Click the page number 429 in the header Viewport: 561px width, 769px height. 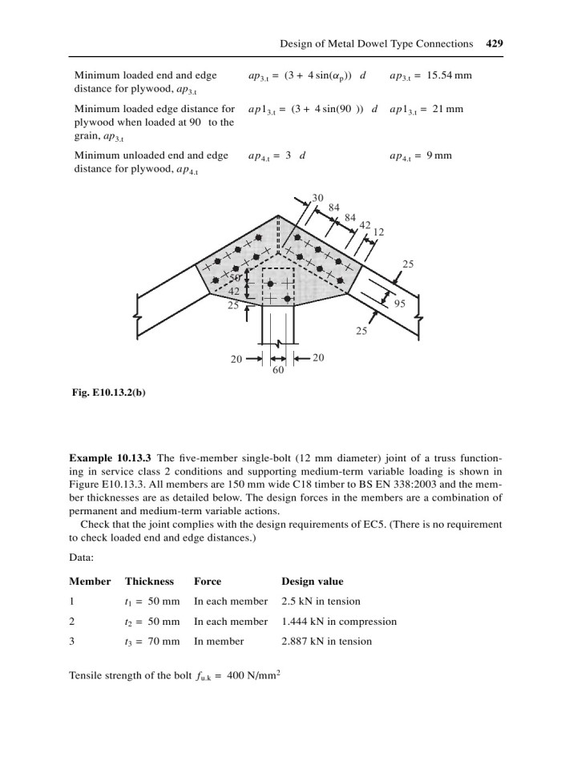tap(494, 44)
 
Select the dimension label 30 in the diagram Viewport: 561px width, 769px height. tap(318, 198)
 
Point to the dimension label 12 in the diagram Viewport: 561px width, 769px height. tap(379, 232)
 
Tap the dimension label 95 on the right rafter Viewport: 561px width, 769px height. tap(400, 304)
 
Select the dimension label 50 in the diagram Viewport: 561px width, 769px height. tap(236, 277)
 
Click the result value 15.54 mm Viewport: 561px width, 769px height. tap(439, 75)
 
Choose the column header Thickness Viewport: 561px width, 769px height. tap(149, 582)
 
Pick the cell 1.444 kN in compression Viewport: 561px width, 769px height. tap(338, 622)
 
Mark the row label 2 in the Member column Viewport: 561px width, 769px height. tap(73, 622)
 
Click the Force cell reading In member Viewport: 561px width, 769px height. tap(220, 642)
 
